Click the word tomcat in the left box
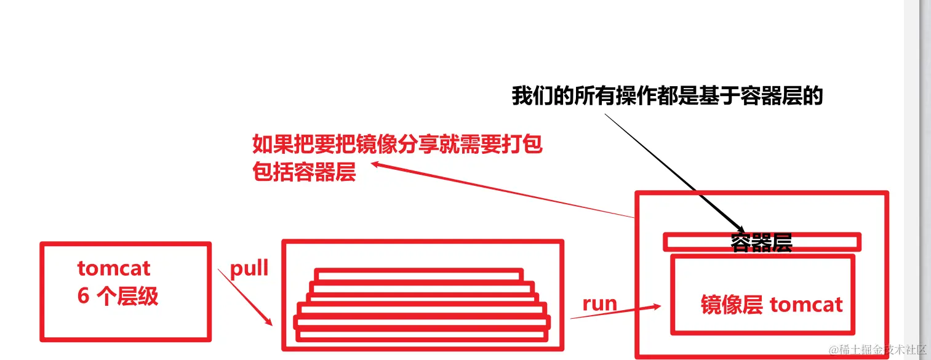pos(114,268)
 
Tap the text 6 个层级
pos(118,296)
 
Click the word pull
pos(249,269)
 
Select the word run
pos(600,303)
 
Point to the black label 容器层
pos(761,243)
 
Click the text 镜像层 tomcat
pos(772,305)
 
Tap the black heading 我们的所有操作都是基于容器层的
pos(667,97)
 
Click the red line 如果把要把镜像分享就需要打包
pos(398,145)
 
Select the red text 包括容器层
pos(304,172)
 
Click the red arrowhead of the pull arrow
pos(269,322)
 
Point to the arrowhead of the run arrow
pos(657,307)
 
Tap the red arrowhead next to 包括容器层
pos(375,164)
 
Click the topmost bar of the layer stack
pos(419,274)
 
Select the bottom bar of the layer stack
pos(421,336)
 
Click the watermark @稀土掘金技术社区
pos(877,350)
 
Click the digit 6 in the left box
pos(83,296)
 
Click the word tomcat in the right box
pos(805,305)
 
